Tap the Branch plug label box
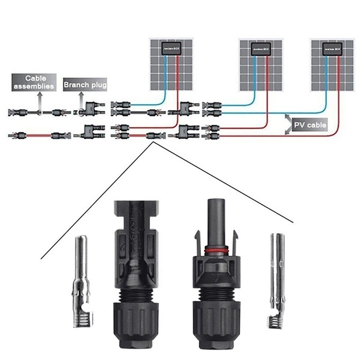click(85, 85)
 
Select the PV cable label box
click(310, 125)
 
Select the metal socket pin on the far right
click(277, 274)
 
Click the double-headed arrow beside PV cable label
click(288, 125)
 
